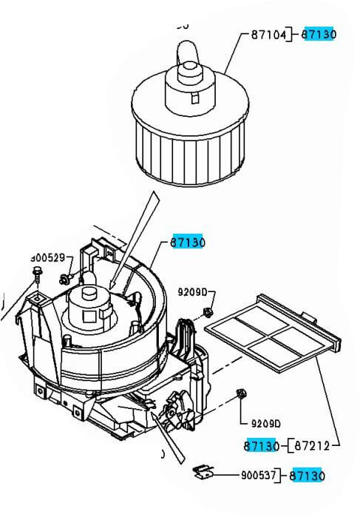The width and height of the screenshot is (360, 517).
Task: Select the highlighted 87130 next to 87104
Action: [x=320, y=34]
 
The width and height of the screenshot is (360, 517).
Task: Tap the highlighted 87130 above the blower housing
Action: [x=188, y=242]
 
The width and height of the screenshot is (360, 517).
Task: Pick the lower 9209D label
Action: [x=265, y=424]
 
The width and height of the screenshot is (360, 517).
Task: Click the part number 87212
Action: [x=311, y=445]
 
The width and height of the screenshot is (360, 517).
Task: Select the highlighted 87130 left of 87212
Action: [x=261, y=445]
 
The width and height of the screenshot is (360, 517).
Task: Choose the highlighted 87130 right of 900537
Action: [x=307, y=476]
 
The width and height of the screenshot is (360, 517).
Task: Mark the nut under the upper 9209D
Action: [x=209, y=311]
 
